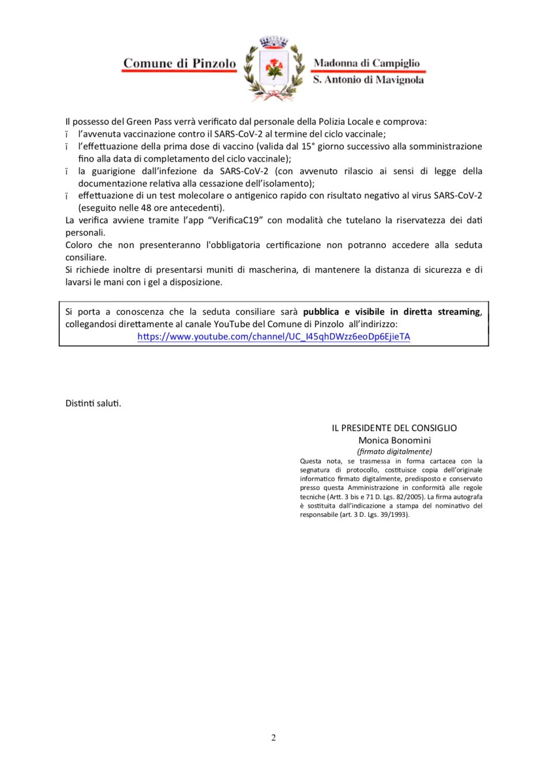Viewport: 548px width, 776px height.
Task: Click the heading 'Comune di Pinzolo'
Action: [179, 63]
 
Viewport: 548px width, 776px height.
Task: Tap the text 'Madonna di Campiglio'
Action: [367, 63]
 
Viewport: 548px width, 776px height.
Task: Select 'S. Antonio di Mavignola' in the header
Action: [368, 80]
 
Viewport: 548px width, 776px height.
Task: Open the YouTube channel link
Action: [273, 336]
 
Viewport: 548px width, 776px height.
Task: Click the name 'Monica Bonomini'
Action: [395, 440]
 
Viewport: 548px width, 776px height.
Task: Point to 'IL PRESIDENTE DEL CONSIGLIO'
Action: [394, 428]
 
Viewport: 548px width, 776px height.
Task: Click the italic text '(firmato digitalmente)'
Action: [395, 451]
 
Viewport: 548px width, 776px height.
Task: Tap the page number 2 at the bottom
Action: [273, 737]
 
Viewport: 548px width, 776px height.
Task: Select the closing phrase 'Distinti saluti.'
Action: [93, 403]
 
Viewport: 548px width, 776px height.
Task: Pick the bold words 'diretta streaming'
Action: [442, 312]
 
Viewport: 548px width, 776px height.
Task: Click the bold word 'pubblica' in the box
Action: [321, 312]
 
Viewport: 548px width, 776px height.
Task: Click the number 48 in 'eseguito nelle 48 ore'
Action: [146, 208]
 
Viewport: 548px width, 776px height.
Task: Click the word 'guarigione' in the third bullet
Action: [111, 171]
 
